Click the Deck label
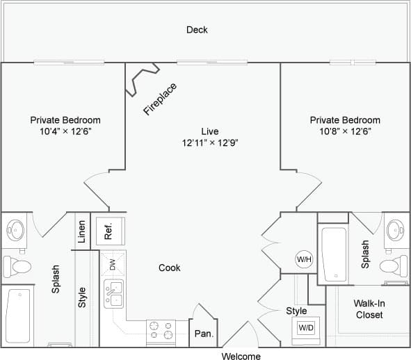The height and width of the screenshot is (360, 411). coord(197,30)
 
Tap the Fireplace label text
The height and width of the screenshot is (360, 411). coord(160,99)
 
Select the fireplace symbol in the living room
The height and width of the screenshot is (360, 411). coord(143,79)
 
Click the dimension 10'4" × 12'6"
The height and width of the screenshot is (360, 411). coord(65,131)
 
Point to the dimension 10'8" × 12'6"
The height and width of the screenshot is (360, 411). coord(345,131)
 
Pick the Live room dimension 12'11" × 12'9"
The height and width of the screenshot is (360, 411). coord(209,142)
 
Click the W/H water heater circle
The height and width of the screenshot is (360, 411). coord(305,259)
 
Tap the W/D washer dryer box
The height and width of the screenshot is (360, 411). coord(306,327)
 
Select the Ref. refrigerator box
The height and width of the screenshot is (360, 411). coord(109,230)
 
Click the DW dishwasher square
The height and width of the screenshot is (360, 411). coord(113,263)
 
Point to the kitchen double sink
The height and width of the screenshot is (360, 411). coord(113,294)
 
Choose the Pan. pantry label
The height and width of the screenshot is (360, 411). coord(204,334)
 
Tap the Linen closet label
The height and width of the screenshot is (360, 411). coord(82,231)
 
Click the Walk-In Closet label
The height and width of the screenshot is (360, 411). coord(368,309)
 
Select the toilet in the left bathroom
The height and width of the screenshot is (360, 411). coord(17,266)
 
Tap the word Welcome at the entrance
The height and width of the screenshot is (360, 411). coord(241,356)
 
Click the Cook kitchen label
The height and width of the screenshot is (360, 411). coord(169,268)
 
